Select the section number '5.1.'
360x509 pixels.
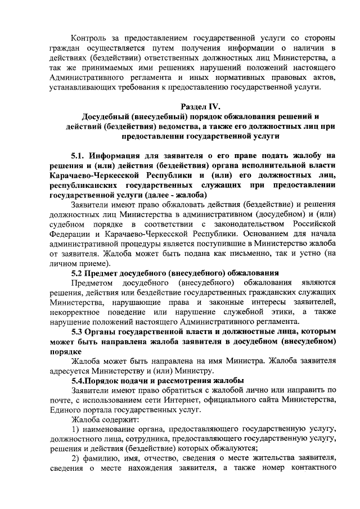[79, 156]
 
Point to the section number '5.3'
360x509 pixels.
[79, 332]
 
